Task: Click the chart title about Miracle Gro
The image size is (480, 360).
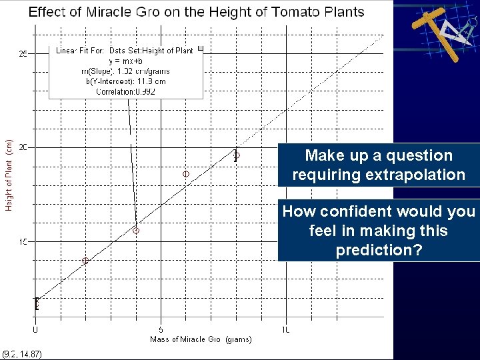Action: pos(196,12)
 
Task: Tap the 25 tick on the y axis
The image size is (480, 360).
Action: pos(23,54)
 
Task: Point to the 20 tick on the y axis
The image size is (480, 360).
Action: pos(23,147)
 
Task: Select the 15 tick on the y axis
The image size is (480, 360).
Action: pos(23,241)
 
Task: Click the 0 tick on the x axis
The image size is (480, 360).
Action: pos(35,329)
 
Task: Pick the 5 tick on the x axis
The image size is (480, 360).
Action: pos(161,329)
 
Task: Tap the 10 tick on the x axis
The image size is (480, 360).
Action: pos(285,329)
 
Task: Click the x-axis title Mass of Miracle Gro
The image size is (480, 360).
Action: pos(201,339)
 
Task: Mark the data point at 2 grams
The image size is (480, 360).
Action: pos(85,261)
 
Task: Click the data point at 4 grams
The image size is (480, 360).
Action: pos(135,231)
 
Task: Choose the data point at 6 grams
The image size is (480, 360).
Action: pos(186,174)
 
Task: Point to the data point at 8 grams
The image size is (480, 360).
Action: pos(236,155)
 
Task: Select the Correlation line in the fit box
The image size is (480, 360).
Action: pos(125,92)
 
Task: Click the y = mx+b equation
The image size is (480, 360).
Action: pos(126,61)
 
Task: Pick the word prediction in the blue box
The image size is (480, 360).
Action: pos(378,250)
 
